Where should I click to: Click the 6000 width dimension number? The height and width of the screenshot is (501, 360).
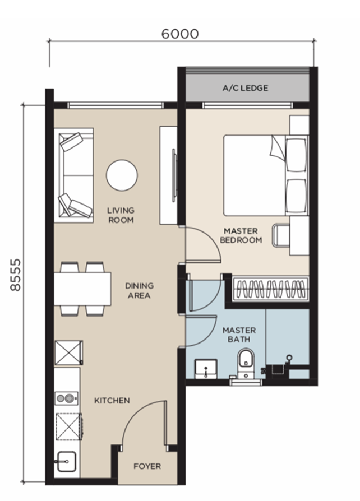pos(180,34)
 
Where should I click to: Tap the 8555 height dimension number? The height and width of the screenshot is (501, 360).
pos(15,275)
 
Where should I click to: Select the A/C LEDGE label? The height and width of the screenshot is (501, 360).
pos(245,88)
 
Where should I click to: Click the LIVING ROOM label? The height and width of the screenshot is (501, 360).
pos(121,215)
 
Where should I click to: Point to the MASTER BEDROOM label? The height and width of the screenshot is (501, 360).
pos(241,235)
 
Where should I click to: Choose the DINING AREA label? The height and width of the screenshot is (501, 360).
pos(139,290)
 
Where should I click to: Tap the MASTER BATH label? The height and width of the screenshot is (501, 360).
pos(239,335)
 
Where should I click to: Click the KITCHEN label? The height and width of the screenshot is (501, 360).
pos(112,400)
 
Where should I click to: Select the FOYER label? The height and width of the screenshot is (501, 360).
pos(147,466)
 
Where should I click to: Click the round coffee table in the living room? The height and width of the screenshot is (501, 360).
pos(122,175)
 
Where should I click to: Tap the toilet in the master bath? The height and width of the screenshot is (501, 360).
pos(246,364)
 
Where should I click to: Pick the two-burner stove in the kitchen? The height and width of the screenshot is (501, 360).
pos(67,398)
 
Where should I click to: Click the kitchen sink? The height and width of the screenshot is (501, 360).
pos(66,461)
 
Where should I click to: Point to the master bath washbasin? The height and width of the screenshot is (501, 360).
pos(206,369)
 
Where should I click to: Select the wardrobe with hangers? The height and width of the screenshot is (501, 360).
pos(270,289)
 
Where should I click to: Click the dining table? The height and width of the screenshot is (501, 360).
pos(82,289)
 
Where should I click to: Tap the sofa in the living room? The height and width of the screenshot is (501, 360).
pos(73,175)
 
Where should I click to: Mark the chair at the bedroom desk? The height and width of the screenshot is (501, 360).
pos(281,235)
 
